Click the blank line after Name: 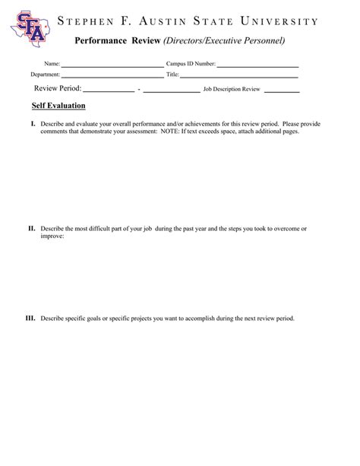click(112, 65)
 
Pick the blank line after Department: click(112, 76)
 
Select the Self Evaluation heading click(58, 106)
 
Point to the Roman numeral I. click(33, 123)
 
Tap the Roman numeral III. click(31, 319)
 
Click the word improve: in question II click(52, 236)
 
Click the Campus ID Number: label click(191, 65)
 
